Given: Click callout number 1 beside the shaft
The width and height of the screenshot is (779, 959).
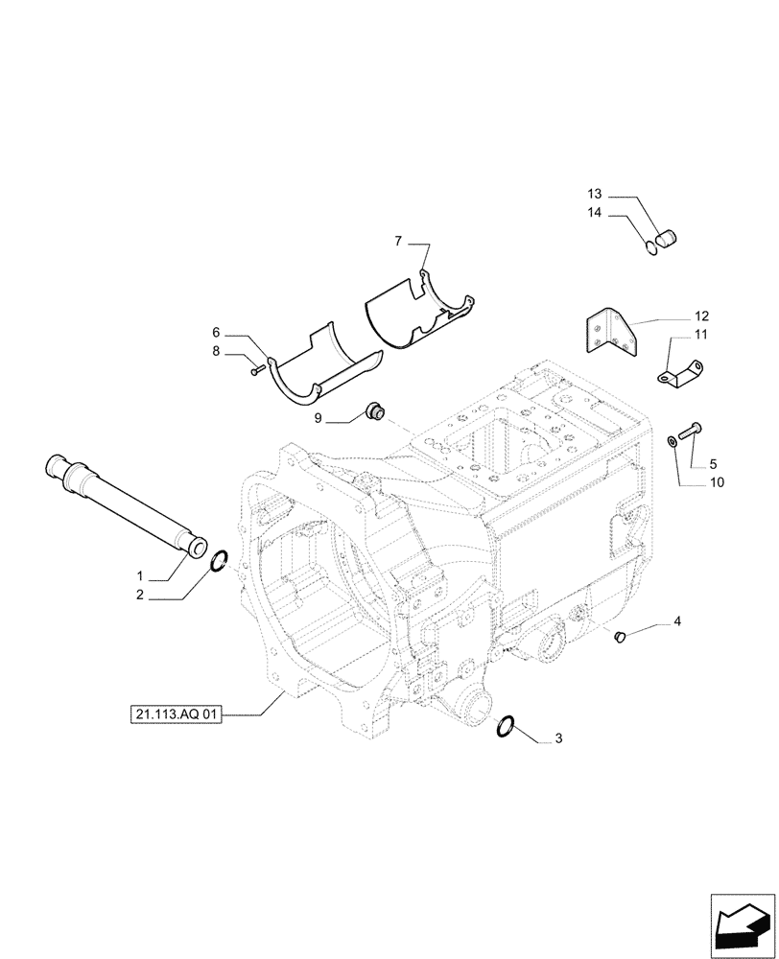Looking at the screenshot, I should click(x=140, y=576).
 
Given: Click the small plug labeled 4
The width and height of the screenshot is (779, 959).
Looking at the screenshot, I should click(x=619, y=633).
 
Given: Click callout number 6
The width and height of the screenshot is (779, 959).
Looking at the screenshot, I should click(x=218, y=333).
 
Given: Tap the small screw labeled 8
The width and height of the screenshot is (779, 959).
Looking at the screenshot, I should click(x=256, y=368).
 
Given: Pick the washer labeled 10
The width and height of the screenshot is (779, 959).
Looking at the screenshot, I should click(x=670, y=441).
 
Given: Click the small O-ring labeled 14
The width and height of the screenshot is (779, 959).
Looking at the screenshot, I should click(x=651, y=249).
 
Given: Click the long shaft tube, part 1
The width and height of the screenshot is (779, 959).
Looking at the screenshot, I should click(x=125, y=504).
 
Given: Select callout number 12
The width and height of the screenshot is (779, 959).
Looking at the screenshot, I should click(x=701, y=316).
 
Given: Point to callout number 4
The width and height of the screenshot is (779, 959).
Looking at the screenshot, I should click(x=677, y=623).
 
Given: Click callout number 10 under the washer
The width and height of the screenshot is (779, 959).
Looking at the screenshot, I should click(x=718, y=481).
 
